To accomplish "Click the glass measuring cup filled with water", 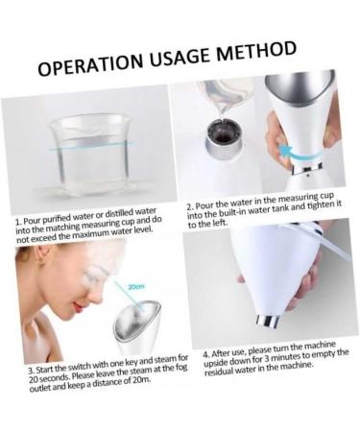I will pyautogui.click(x=85, y=158).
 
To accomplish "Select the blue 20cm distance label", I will pyautogui.click(x=133, y=286).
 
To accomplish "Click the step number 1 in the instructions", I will pyautogui.click(x=19, y=220).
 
